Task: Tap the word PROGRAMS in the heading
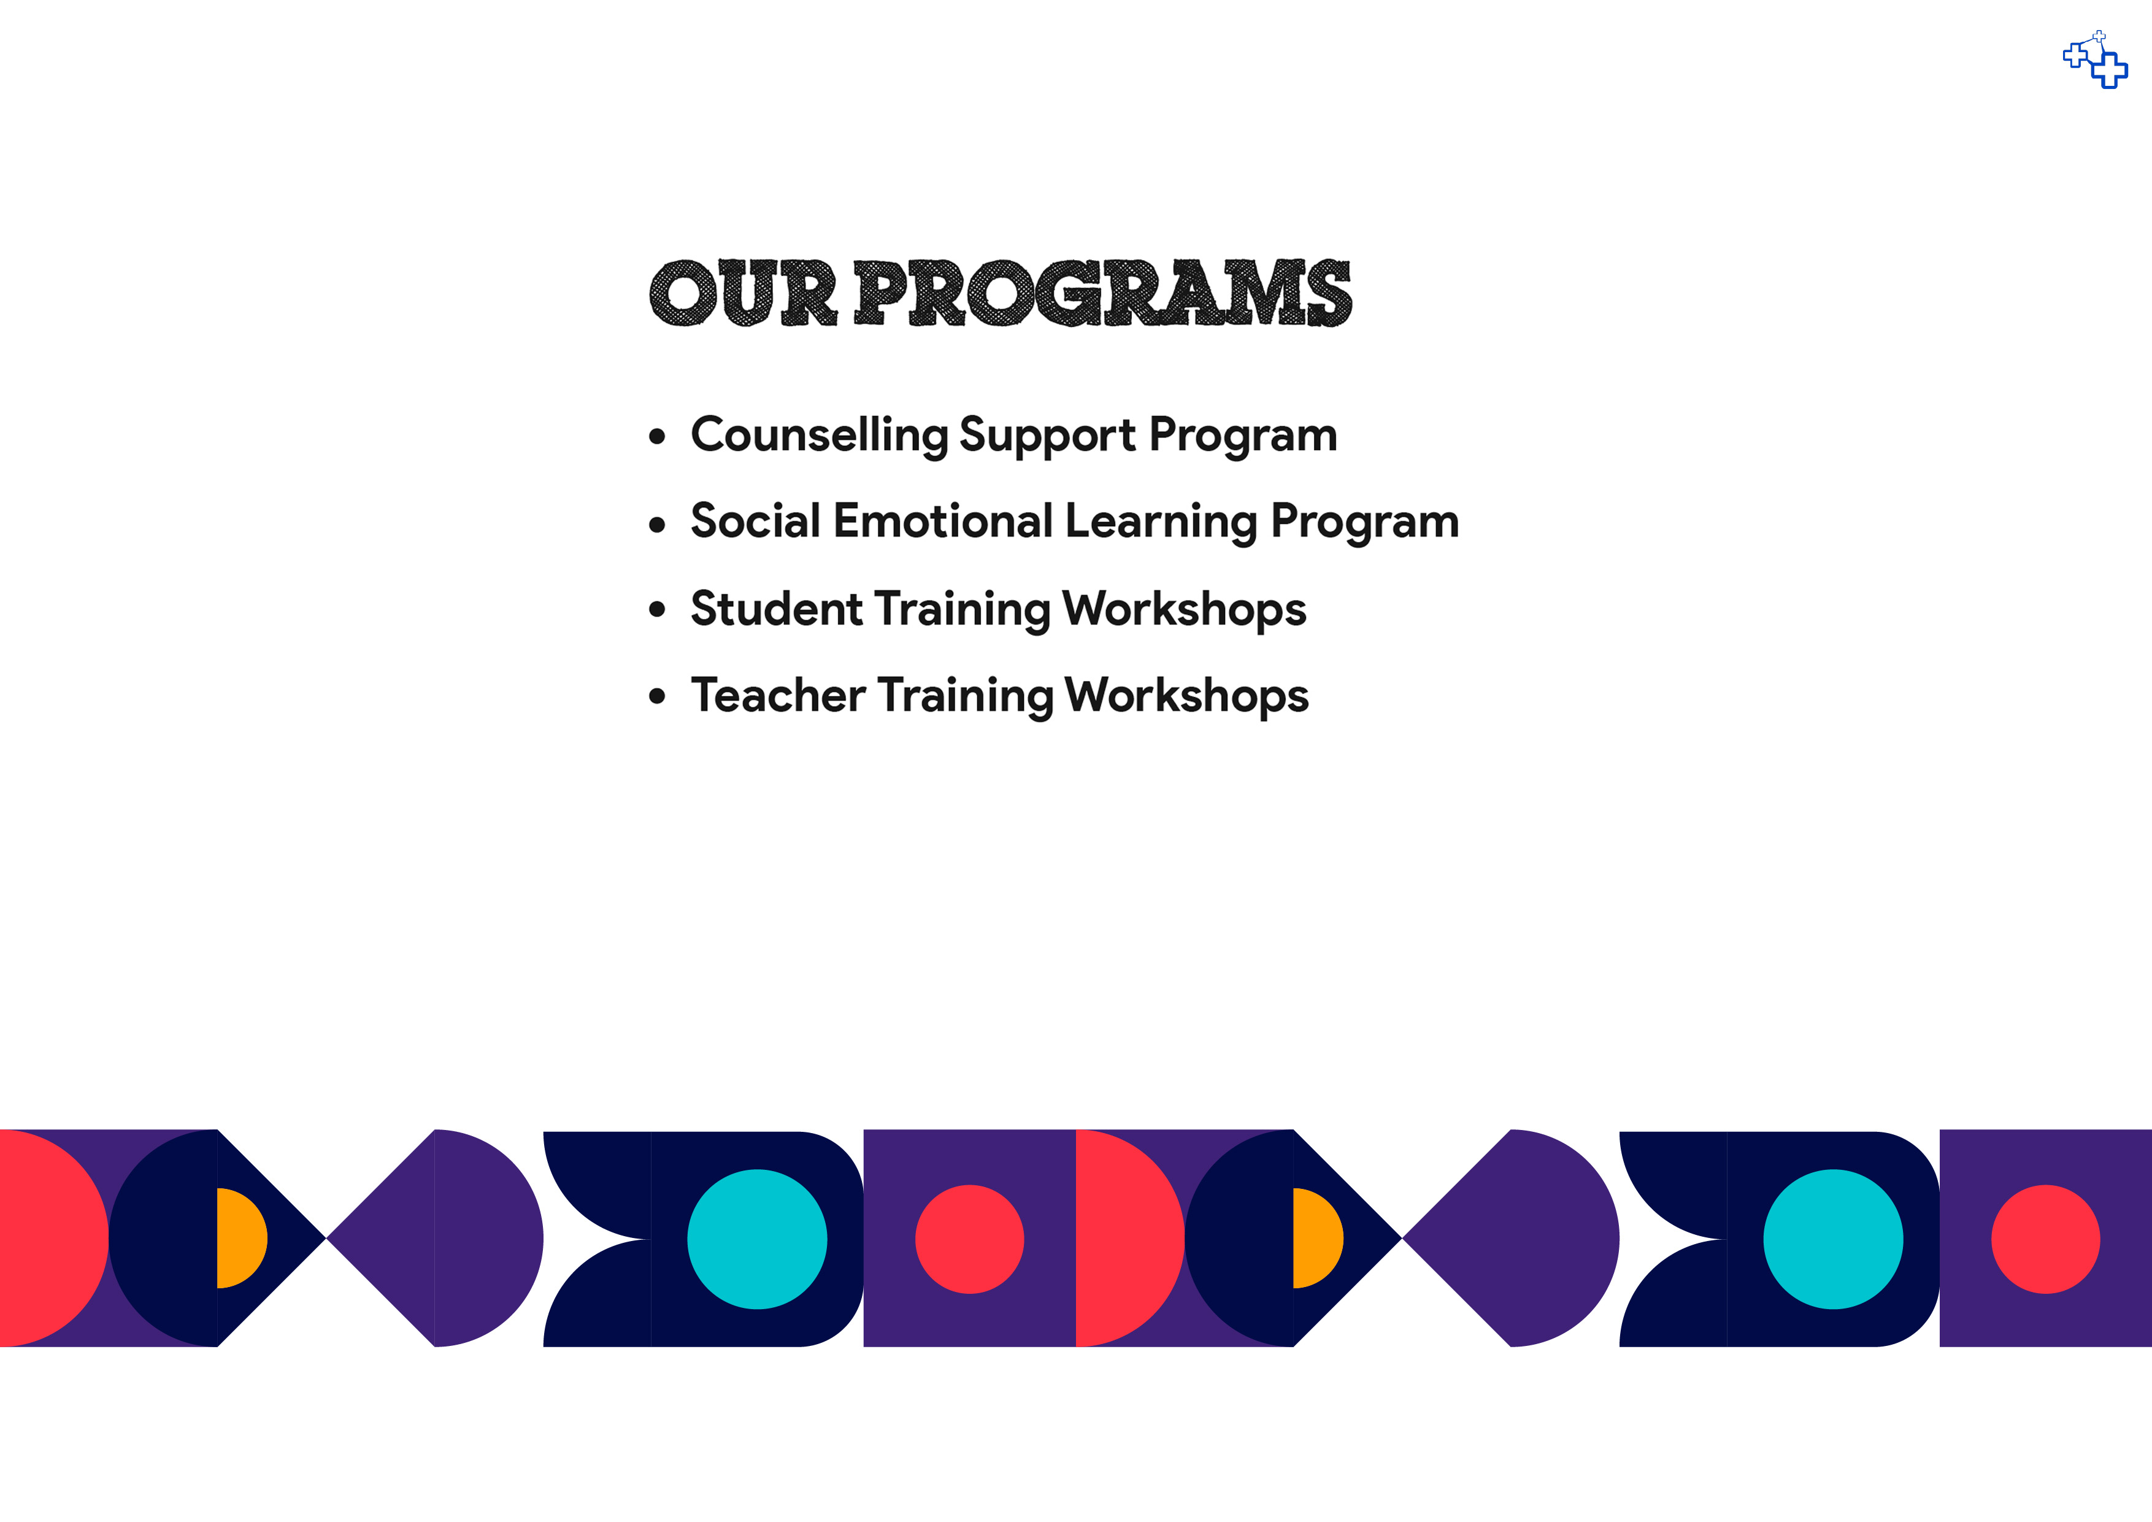[1102, 293]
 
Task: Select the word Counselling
[819, 436]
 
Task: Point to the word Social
[755, 521]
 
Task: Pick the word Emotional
[943, 521]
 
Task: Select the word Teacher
[778, 696]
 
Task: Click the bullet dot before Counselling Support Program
[657, 436]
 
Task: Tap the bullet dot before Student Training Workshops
[657, 609]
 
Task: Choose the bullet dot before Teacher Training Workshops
[657, 696]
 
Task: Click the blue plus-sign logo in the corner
[2096, 60]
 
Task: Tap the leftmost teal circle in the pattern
[758, 1239]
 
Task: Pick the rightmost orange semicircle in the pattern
[1317, 1238]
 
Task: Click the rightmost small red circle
[2046, 1239]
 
